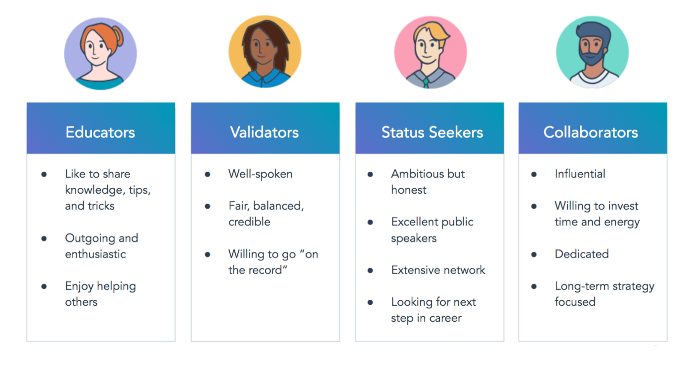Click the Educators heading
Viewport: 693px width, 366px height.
click(x=100, y=132)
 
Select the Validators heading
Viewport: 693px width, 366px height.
click(x=265, y=132)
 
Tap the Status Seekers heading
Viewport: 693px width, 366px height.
click(x=432, y=132)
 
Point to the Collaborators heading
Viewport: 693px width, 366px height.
click(x=591, y=132)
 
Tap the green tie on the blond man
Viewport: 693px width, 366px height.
click(x=426, y=83)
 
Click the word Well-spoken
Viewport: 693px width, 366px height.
click(x=260, y=174)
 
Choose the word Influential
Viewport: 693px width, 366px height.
click(x=580, y=174)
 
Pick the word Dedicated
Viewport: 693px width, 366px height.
click(x=582, y=254)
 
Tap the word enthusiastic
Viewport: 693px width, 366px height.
click(x=96, y=254)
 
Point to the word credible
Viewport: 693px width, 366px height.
click(x=249, y=222)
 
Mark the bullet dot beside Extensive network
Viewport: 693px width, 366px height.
click(x=370, y=270)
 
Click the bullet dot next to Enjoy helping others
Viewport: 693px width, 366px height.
click(x=44, y=286)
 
